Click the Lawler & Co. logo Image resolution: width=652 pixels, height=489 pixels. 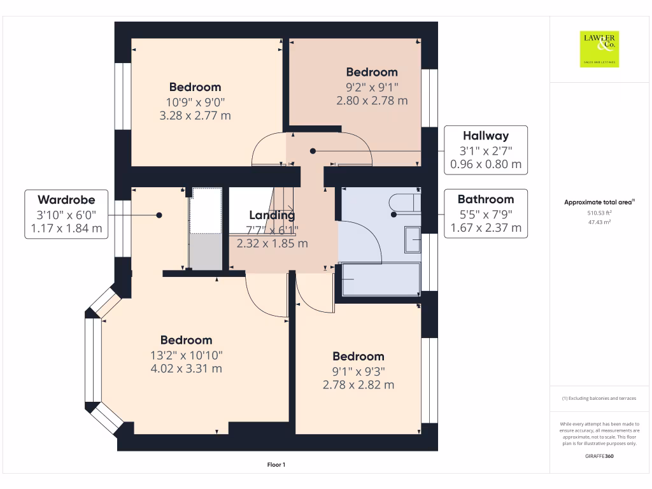click(x=599, y=49)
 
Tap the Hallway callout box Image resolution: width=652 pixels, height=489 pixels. click(x=486, y=150)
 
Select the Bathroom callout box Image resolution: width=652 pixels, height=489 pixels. click(x=486, y=213)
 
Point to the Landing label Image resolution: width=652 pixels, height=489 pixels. click(x=273, y=215)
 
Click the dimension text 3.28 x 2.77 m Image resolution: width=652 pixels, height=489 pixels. click(x=195, y=116)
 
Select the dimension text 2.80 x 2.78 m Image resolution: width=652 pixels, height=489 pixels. click(x=372, y=101)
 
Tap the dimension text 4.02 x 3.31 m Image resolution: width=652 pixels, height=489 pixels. click(x=186, y=369)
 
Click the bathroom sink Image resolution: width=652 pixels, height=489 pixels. click(x=413, y=240)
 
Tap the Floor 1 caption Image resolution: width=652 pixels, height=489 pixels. click(x=276, y=465)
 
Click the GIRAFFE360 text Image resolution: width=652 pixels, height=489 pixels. click(x=600, y=457)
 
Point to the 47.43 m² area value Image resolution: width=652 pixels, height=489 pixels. click(x=600, y=223)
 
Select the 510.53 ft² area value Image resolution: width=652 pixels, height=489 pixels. click(x=600, y=214)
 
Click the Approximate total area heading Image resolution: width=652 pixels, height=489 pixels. click(x=599, y=202)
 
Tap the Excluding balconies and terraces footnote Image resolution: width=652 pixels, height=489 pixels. click(x=599, y=399)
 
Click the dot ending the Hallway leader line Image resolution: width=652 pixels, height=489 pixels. click(x=313, y=151)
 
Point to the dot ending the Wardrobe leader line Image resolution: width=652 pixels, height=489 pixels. click(x=160, y=215)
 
